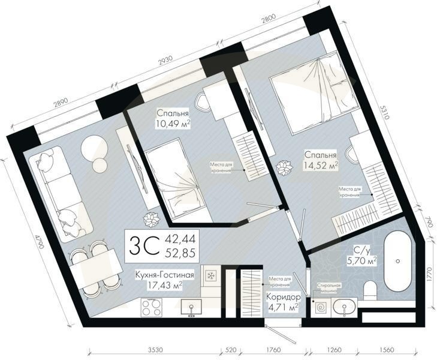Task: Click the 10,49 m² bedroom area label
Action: [173, 124]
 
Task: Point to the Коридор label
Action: [282, 296]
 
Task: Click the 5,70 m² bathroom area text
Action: [360, 261]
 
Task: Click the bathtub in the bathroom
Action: [397, 260]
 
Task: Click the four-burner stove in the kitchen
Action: [152, 308]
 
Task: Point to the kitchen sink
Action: [192, 308]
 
